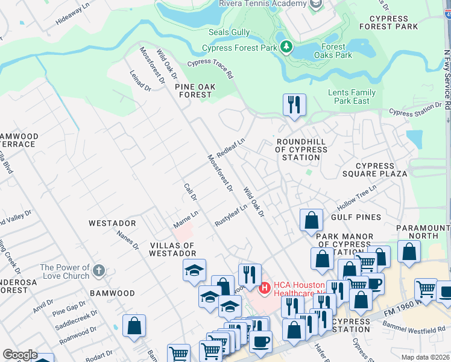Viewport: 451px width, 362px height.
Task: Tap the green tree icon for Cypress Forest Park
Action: (286, 47)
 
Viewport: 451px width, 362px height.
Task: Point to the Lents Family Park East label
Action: (352, 97)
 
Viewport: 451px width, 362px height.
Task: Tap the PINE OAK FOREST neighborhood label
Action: (194, 91)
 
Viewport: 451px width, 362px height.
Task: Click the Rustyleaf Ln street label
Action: (231, 215)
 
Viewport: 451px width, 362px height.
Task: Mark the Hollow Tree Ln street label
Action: (356, 195)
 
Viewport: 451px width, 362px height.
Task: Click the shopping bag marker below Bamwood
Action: (134, 325)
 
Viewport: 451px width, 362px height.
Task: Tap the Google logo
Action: (20, 355)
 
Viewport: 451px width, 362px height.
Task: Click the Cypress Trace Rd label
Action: (210, 69)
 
